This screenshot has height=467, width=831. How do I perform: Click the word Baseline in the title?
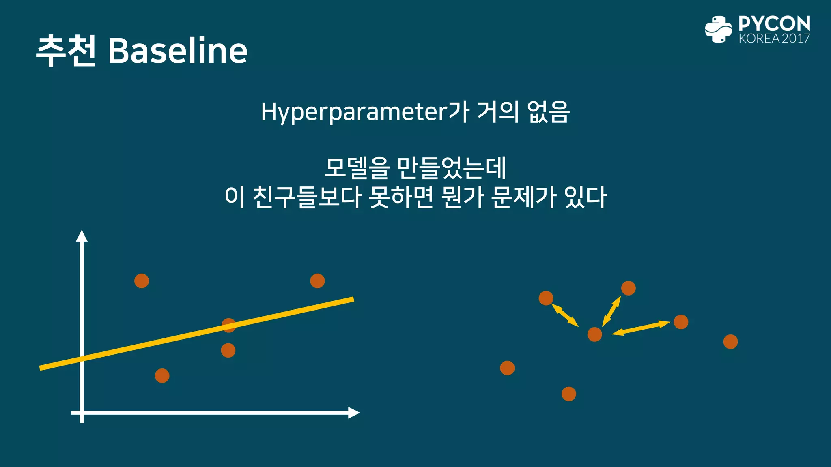[177, 51]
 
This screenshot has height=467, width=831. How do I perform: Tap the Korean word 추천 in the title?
[66, 51]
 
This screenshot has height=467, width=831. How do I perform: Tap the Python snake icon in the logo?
[718, 29]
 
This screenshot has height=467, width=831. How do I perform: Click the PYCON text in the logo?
[774, 24]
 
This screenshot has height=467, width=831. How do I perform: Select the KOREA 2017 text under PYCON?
[774, 39]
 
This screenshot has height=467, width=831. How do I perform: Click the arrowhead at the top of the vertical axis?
[82, 236]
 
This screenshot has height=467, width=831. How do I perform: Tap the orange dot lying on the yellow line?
[229, 325]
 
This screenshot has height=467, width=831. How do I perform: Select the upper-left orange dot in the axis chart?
[142, 281]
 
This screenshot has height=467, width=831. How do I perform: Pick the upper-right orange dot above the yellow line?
[317, 281]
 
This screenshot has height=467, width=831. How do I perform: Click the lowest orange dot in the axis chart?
[162, 376]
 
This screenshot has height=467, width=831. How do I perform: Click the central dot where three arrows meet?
[594, 334]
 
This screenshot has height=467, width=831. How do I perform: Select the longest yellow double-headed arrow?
[641, 328]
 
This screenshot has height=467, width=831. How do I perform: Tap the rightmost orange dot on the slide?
[730, 342]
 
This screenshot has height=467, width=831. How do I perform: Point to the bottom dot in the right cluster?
[568, 394]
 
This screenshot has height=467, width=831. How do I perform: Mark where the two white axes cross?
[82, 413]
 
